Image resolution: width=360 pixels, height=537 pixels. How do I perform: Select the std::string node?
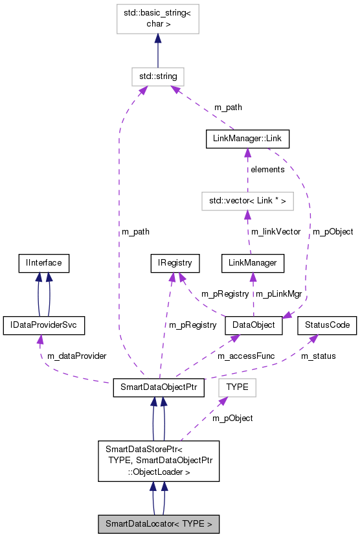point(158,76)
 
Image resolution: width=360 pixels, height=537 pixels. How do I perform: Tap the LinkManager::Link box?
point(247,139)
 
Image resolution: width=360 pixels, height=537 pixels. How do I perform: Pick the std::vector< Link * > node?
point(247,201)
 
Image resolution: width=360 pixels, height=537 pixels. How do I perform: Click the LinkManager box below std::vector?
point(253,263)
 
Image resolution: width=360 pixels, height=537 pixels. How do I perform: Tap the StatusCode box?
point(327,325)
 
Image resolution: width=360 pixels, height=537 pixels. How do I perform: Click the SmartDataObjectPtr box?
point(159,387)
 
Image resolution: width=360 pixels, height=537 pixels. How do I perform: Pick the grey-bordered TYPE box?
point(237,387)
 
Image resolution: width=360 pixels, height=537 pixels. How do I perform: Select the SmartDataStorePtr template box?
point(159,461)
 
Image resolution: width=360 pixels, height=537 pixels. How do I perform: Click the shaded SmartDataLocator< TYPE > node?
point(159,523)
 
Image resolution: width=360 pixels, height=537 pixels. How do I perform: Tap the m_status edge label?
point(318,356)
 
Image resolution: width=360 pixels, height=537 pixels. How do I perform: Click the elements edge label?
point(267,169)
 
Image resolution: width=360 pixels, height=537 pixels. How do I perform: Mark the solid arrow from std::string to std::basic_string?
point(158,51)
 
